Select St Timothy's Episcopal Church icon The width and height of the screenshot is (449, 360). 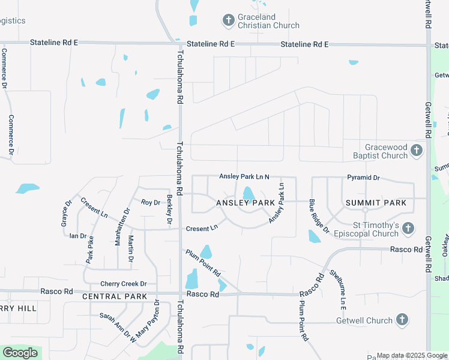(x=408, y=228)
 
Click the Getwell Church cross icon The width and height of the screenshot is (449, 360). (x=402, y=320)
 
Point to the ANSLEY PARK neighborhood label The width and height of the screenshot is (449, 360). (x=246, y=203)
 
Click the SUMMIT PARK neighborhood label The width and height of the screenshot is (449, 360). (x=376, y=203)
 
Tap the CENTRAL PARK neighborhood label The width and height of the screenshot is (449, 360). (x=115, y=296)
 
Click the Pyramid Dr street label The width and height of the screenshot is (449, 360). (x=364, y=178)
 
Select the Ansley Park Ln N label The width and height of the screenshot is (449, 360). (x=244, y=176)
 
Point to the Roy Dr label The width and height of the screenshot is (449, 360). (x=151, y=203)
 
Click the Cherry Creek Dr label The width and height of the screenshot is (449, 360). (x=124, y=284)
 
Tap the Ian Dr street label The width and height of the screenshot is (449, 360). (x=78, y=236)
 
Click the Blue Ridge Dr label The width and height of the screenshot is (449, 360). (x=319, y=216)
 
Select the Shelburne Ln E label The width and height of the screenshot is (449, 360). (x=338, y=289)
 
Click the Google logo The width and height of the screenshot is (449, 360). (x=20, y=353)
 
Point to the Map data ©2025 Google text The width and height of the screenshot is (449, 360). (x=412, y=355)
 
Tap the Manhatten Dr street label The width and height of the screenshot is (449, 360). (x=126, y=220)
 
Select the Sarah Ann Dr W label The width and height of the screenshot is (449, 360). (x=118, y=326)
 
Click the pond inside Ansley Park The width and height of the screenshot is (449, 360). (x=248, y=194)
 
